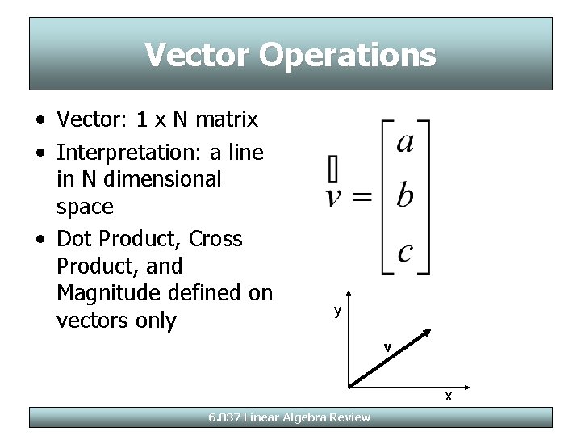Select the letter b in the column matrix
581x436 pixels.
406,195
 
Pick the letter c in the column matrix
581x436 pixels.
405,252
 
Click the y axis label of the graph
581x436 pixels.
337,311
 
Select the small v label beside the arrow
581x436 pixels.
388,347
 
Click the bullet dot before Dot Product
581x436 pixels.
40,239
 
